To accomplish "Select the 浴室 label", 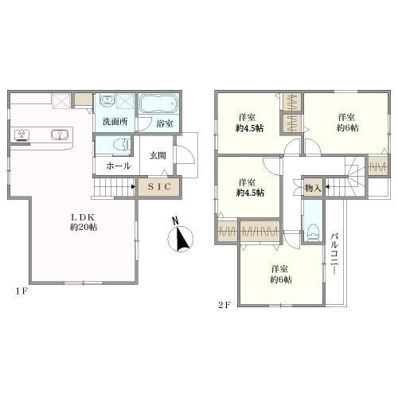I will (x=165, y=124).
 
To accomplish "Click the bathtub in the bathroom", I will (x=159, y=105).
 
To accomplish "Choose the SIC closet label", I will (x=159, y=187).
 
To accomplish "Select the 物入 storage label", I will (x=313, y=188).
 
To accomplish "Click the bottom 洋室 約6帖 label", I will (x=280, y=274).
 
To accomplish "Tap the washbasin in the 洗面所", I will (x=105, y=103).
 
